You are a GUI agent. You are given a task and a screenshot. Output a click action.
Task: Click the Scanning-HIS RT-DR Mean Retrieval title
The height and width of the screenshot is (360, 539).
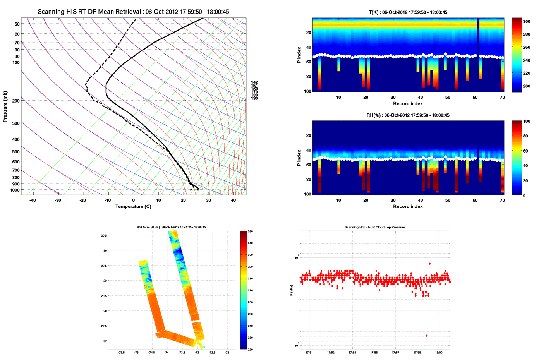coord(133,12)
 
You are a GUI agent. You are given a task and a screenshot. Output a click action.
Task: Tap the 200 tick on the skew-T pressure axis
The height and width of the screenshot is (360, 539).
coord(16,101)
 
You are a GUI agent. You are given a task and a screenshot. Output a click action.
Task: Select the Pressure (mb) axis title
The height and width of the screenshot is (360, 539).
coord(5,107)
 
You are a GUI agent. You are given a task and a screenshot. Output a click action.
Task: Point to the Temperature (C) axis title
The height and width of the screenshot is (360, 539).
coord(133,206)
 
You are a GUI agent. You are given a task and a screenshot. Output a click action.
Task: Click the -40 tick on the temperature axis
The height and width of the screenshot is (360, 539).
coord(33,200)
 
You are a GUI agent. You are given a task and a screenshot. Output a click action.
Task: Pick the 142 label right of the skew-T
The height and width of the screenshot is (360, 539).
coord(254,82)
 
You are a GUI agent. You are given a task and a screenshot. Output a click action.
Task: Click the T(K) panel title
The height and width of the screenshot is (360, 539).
coord(408,12)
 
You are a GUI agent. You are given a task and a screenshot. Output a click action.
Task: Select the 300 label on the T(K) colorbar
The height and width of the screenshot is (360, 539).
coord(527,22)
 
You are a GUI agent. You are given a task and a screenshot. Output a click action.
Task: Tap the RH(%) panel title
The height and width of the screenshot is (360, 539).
coord(408,115)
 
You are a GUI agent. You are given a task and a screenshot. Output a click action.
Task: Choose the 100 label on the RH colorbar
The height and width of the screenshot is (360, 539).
coord(527,121)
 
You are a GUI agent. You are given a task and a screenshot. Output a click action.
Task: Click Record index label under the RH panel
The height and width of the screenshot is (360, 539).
coord(408,206)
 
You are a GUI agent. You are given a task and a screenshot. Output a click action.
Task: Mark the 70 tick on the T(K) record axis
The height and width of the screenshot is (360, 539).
coord(502,97)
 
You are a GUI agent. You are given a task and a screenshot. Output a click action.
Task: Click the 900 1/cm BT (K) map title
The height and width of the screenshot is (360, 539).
coord(171,227)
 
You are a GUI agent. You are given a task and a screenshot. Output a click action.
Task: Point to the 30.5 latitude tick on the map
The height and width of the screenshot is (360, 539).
coord(104,235)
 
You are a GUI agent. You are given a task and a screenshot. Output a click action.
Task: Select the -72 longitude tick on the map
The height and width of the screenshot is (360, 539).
coord(227,353)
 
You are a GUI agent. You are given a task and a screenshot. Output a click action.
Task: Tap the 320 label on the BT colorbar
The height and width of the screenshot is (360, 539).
coord(250,231)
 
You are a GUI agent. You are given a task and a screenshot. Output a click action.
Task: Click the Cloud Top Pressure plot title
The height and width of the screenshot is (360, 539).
coord(374,227)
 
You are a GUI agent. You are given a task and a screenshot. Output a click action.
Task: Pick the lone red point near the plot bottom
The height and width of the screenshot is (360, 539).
coord(427,336)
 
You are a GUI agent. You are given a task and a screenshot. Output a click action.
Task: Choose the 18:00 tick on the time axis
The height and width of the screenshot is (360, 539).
coord(439,353)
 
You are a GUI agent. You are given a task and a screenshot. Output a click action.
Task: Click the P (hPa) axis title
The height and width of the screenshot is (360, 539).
coord(291,290)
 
